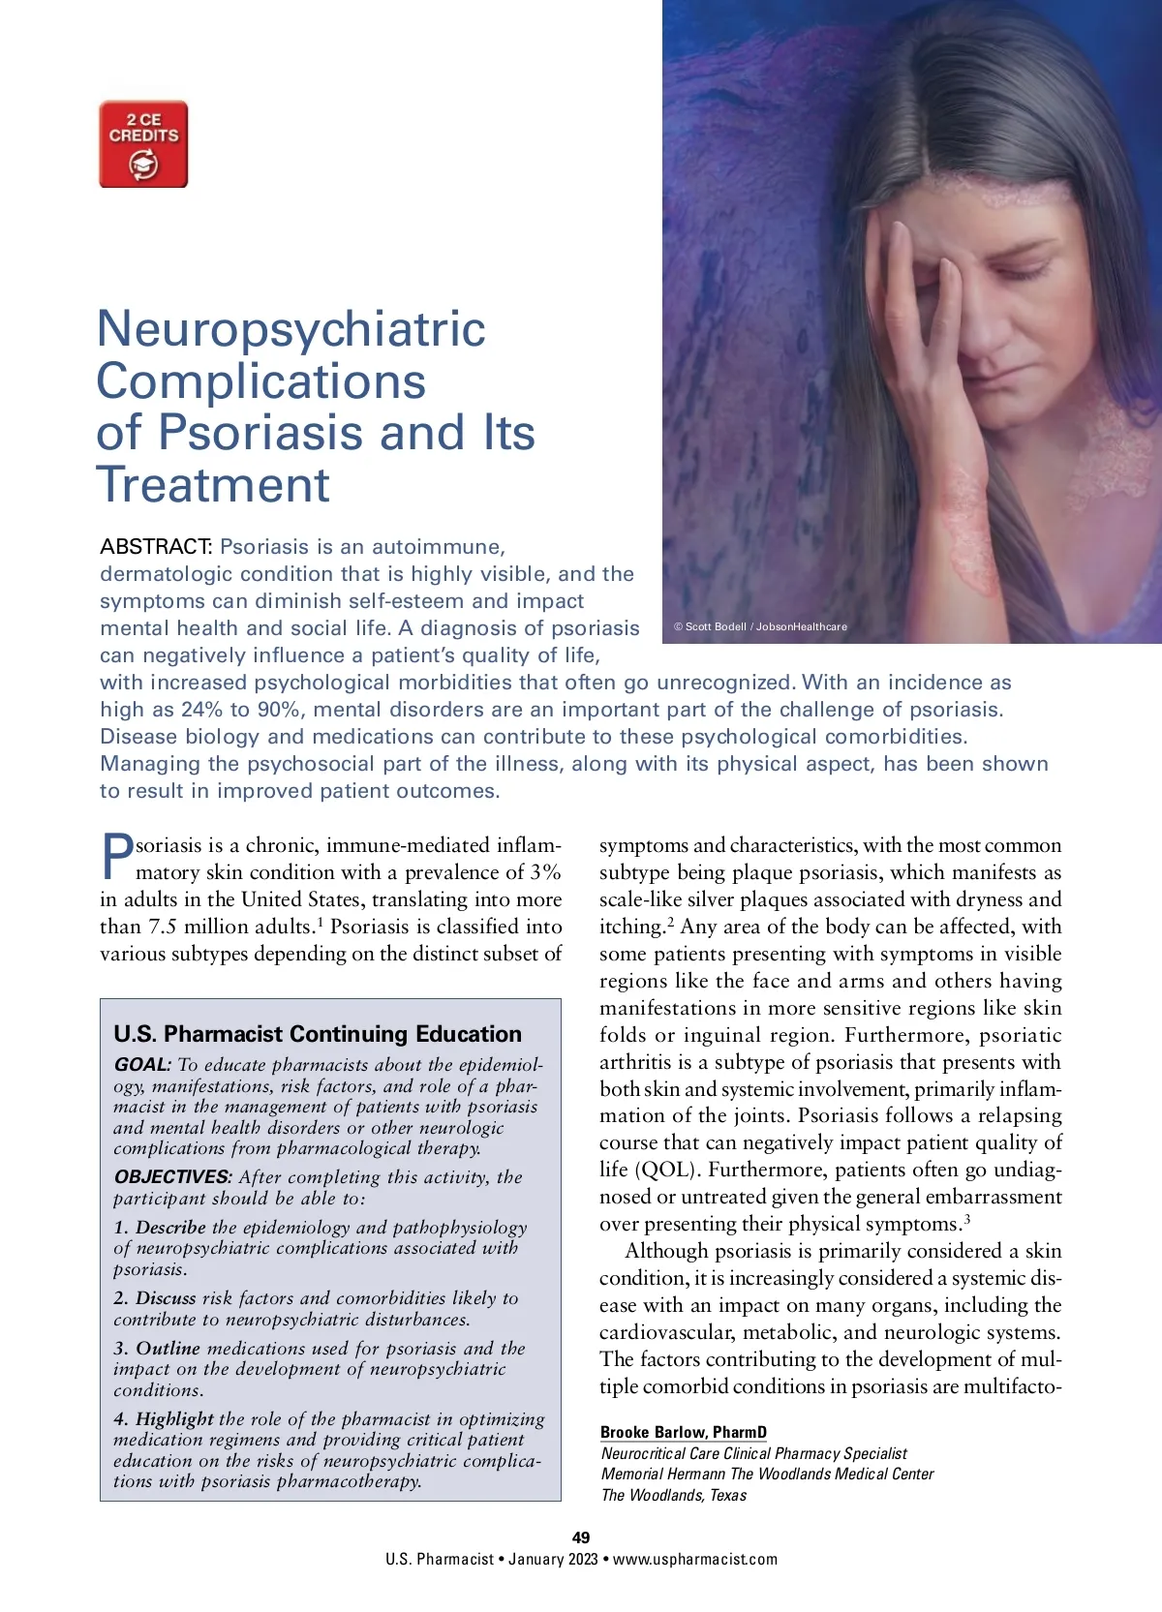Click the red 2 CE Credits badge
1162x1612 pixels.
tap(143, 144)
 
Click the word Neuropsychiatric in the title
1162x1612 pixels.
tap(290, 329)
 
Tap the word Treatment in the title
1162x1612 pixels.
tap(213, 485)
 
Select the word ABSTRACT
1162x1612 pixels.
tap(156, 547)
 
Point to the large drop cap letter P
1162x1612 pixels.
tap(117, 857)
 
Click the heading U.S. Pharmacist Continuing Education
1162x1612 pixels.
tap(318, 1034)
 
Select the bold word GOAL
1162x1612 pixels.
tap(142, 1065)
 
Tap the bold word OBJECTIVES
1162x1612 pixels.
tap(173, 1177)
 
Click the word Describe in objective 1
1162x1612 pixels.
tap(170, 1228)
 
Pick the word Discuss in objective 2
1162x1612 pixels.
tap(166, 1298)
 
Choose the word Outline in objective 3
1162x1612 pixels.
tap(168, 1349)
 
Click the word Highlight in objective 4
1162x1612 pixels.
tap(174, 1419)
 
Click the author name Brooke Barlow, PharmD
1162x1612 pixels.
tap(683, 1432)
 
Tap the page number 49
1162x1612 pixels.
tap(581, 1537)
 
